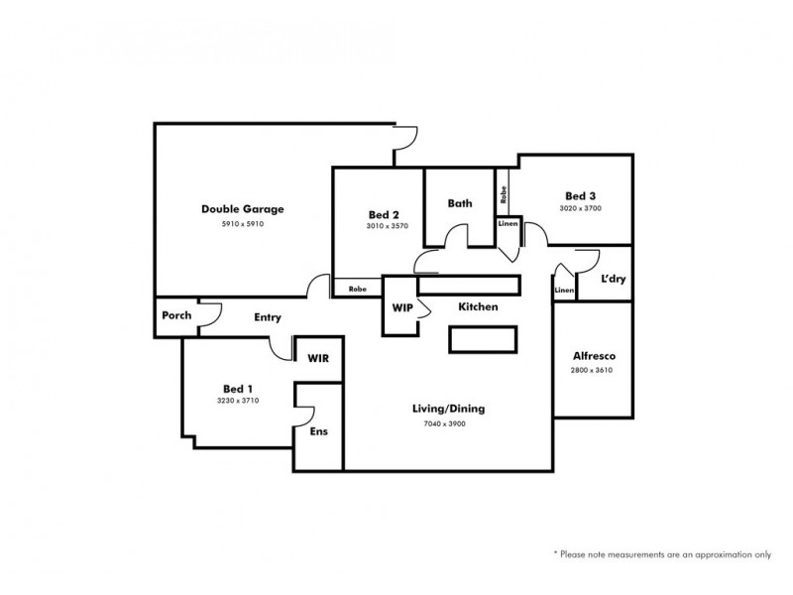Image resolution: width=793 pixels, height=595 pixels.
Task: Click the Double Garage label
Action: (x=243, y=209)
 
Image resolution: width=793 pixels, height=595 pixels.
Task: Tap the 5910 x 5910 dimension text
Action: (x=243, y=225)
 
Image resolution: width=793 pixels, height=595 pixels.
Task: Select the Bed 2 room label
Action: (x=383, y=215)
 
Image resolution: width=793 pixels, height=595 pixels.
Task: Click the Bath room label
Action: (x=460, y=203)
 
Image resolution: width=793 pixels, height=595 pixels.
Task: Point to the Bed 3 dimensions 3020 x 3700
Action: (x=582, y=209)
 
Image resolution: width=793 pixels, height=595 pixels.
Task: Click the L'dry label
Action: (x=614, y=280)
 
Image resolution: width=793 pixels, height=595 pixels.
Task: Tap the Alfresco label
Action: (x=592, y=356)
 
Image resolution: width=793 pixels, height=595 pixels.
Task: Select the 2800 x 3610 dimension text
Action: (x=592, y=371)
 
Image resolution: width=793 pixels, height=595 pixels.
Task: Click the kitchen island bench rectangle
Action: (x=483, y=340)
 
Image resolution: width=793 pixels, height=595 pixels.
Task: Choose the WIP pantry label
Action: (x=401, y=308)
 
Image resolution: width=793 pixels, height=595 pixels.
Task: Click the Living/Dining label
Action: (x=441, y=409)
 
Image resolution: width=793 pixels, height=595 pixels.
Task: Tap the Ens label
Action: (x=319, y=432)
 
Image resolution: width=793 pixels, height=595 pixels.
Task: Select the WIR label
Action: (x=318, y=357)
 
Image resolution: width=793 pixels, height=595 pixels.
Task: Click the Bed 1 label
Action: (x=238, y=388)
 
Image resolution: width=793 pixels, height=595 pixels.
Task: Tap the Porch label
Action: (x=175, y=317)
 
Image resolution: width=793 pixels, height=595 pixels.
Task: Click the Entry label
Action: (x=268, y=318)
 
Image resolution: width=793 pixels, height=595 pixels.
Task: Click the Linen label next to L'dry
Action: (x=564, y=291)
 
